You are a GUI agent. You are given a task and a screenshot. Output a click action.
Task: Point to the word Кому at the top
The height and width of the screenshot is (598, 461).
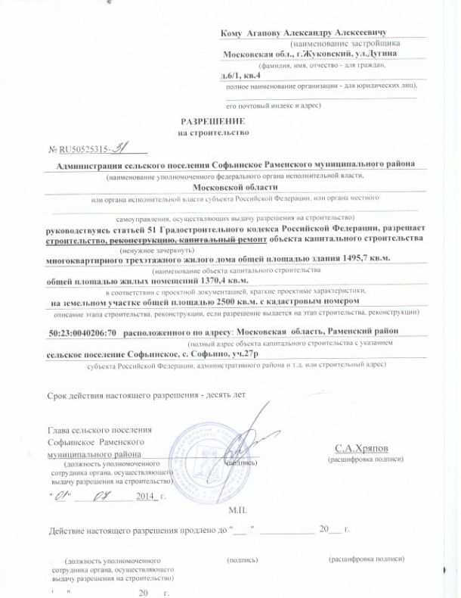(x=229, y=34)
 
